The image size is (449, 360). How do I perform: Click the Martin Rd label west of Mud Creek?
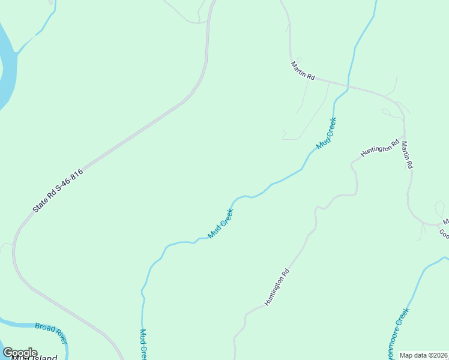pyautogui.click(x=303, y=70)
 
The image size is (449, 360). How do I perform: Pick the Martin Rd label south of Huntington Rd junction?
pyautogui.click(x=408, y=155)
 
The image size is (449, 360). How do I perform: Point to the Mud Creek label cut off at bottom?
pyautogui.click(x=143, y=344)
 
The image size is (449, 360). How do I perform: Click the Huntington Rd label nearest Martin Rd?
pyautogui.click(x=380, y=148)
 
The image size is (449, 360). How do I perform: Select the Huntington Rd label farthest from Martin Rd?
pyautogui.click(x=277, y=287)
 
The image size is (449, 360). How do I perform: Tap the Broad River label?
pyautogui.click(x=51, y=331)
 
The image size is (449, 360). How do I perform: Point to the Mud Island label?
pyautogui.click(x=36, y=358)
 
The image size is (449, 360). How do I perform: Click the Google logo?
pyautogui.click(x=20, y=353)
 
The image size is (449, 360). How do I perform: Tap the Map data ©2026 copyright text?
pyautogui.click(x=424, y=355)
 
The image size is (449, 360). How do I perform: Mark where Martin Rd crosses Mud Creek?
pyautogui.click(x=348, y=85)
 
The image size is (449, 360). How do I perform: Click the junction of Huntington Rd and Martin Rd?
pyautogui.click(x=402, y=137)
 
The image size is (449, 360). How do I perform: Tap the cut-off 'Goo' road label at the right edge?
pyautogui.click(x=444, y=233)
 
